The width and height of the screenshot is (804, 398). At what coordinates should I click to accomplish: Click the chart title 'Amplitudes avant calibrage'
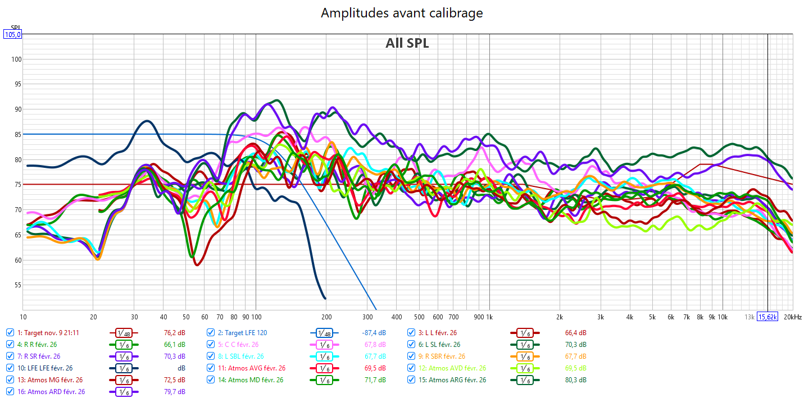coord(402,13)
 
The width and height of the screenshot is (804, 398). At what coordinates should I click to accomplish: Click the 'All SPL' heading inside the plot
coord(407,43)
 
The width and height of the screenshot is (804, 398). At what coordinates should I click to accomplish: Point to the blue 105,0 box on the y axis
coord(12,34)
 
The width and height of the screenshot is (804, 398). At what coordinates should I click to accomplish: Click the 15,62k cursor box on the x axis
coord(768,317)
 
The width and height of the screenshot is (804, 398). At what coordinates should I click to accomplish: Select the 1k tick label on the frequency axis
coord(490,317)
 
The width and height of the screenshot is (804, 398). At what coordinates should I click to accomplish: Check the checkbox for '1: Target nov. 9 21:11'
coord(10,332)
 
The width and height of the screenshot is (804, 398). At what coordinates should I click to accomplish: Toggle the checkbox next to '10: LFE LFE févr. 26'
coord(10,368)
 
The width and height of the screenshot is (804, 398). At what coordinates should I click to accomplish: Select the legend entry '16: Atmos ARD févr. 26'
coord(51,392)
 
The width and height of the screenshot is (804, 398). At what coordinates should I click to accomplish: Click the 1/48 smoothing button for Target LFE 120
coord(324,332)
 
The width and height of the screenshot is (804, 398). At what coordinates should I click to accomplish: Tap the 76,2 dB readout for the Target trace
coord(174,332)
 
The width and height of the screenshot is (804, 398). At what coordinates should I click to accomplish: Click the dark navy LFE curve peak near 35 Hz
coord(147,121)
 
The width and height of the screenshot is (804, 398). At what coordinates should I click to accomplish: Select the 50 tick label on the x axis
coord(186,317)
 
